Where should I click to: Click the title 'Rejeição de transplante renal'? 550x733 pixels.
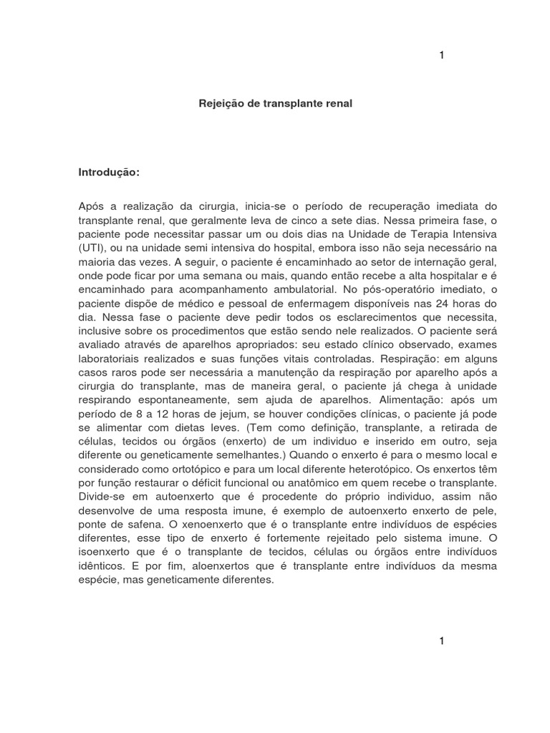[275, 104]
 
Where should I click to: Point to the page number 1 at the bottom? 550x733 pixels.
[442, 641]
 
